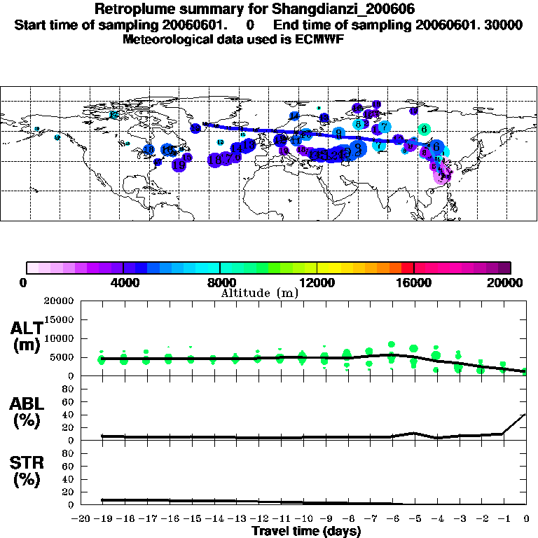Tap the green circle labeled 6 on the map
pos(424,129)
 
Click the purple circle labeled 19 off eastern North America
pos(179,165)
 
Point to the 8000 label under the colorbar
pos(220,282)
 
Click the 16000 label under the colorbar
pos(414,282)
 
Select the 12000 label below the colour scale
pos(317,282)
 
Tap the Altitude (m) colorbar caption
pos(259,293)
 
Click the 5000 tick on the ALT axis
pos(62,357)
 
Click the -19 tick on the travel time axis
pos(102,519)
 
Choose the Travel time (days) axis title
pos(306,531)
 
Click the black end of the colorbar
pos(504,268)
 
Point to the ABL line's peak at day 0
pos(526,414)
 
